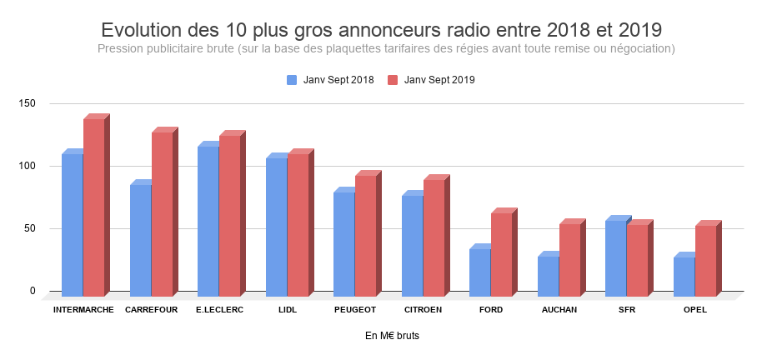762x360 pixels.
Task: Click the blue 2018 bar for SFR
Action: [x=615, y=257]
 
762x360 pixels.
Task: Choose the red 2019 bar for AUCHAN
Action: [x=569, y=259]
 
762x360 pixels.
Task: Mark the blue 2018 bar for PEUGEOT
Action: [x=343, y=243]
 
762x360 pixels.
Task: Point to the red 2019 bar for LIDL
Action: [x=298, y=224]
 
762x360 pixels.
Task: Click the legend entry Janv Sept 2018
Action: [x=331, y=80]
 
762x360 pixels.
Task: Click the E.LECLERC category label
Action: [x=219, y=310]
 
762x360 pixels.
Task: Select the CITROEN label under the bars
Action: [x=423, y=310]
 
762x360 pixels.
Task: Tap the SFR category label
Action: [x=627, y=310]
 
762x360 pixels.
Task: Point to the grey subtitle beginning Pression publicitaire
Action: [x=385, y=49]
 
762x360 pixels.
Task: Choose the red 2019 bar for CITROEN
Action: [x=434, y=237]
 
